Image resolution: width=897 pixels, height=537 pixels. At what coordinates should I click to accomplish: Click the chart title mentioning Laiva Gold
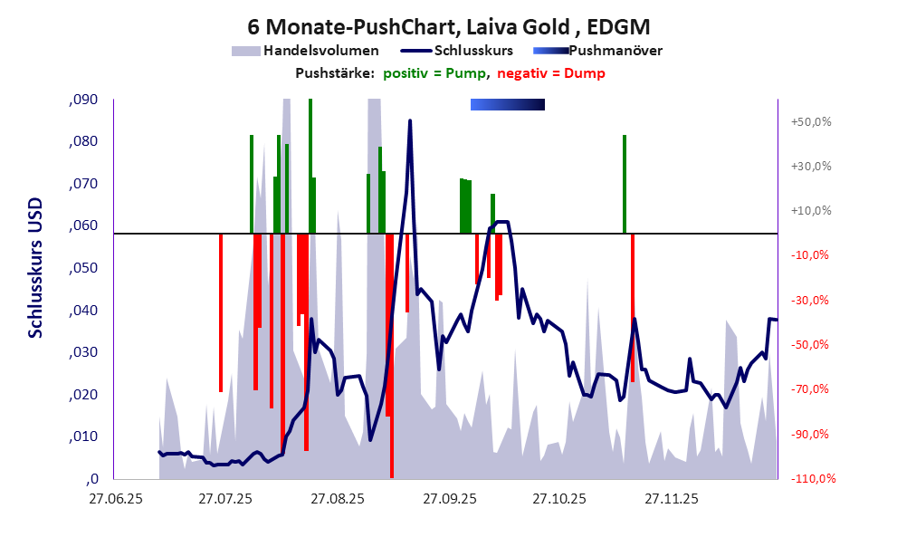tap(448, 26)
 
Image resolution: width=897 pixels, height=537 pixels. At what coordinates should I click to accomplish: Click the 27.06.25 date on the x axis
tap(115, 498)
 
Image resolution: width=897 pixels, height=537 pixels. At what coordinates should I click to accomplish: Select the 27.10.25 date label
tap(558, 498)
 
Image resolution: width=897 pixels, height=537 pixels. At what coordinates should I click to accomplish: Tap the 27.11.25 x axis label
tap(670, 498)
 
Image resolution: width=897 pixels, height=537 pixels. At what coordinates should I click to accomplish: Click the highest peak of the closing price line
tap(410, 121)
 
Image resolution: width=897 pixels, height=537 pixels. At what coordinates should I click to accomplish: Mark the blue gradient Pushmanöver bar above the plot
tap(507, 105)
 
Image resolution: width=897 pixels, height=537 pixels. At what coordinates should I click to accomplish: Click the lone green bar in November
tap(625, 184)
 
